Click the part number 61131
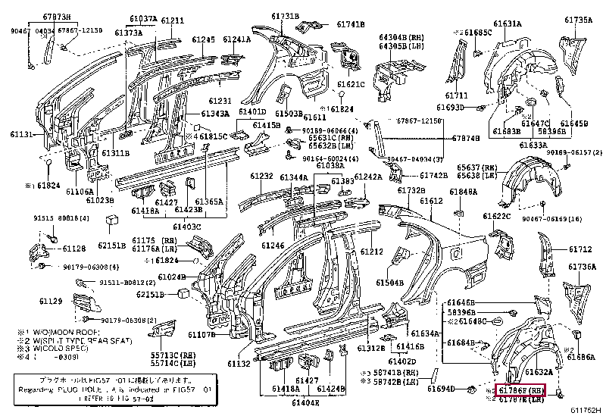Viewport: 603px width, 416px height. [x=21, y=133]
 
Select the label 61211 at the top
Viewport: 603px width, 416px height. [x=172, y=20]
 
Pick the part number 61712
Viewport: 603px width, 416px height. [x=580, y=249]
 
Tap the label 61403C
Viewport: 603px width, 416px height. [x=186, y=226]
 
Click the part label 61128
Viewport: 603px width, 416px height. [x=74, y=249]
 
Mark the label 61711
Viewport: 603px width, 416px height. [x=456, y=95]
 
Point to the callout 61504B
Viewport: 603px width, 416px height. [x=390, y=282]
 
